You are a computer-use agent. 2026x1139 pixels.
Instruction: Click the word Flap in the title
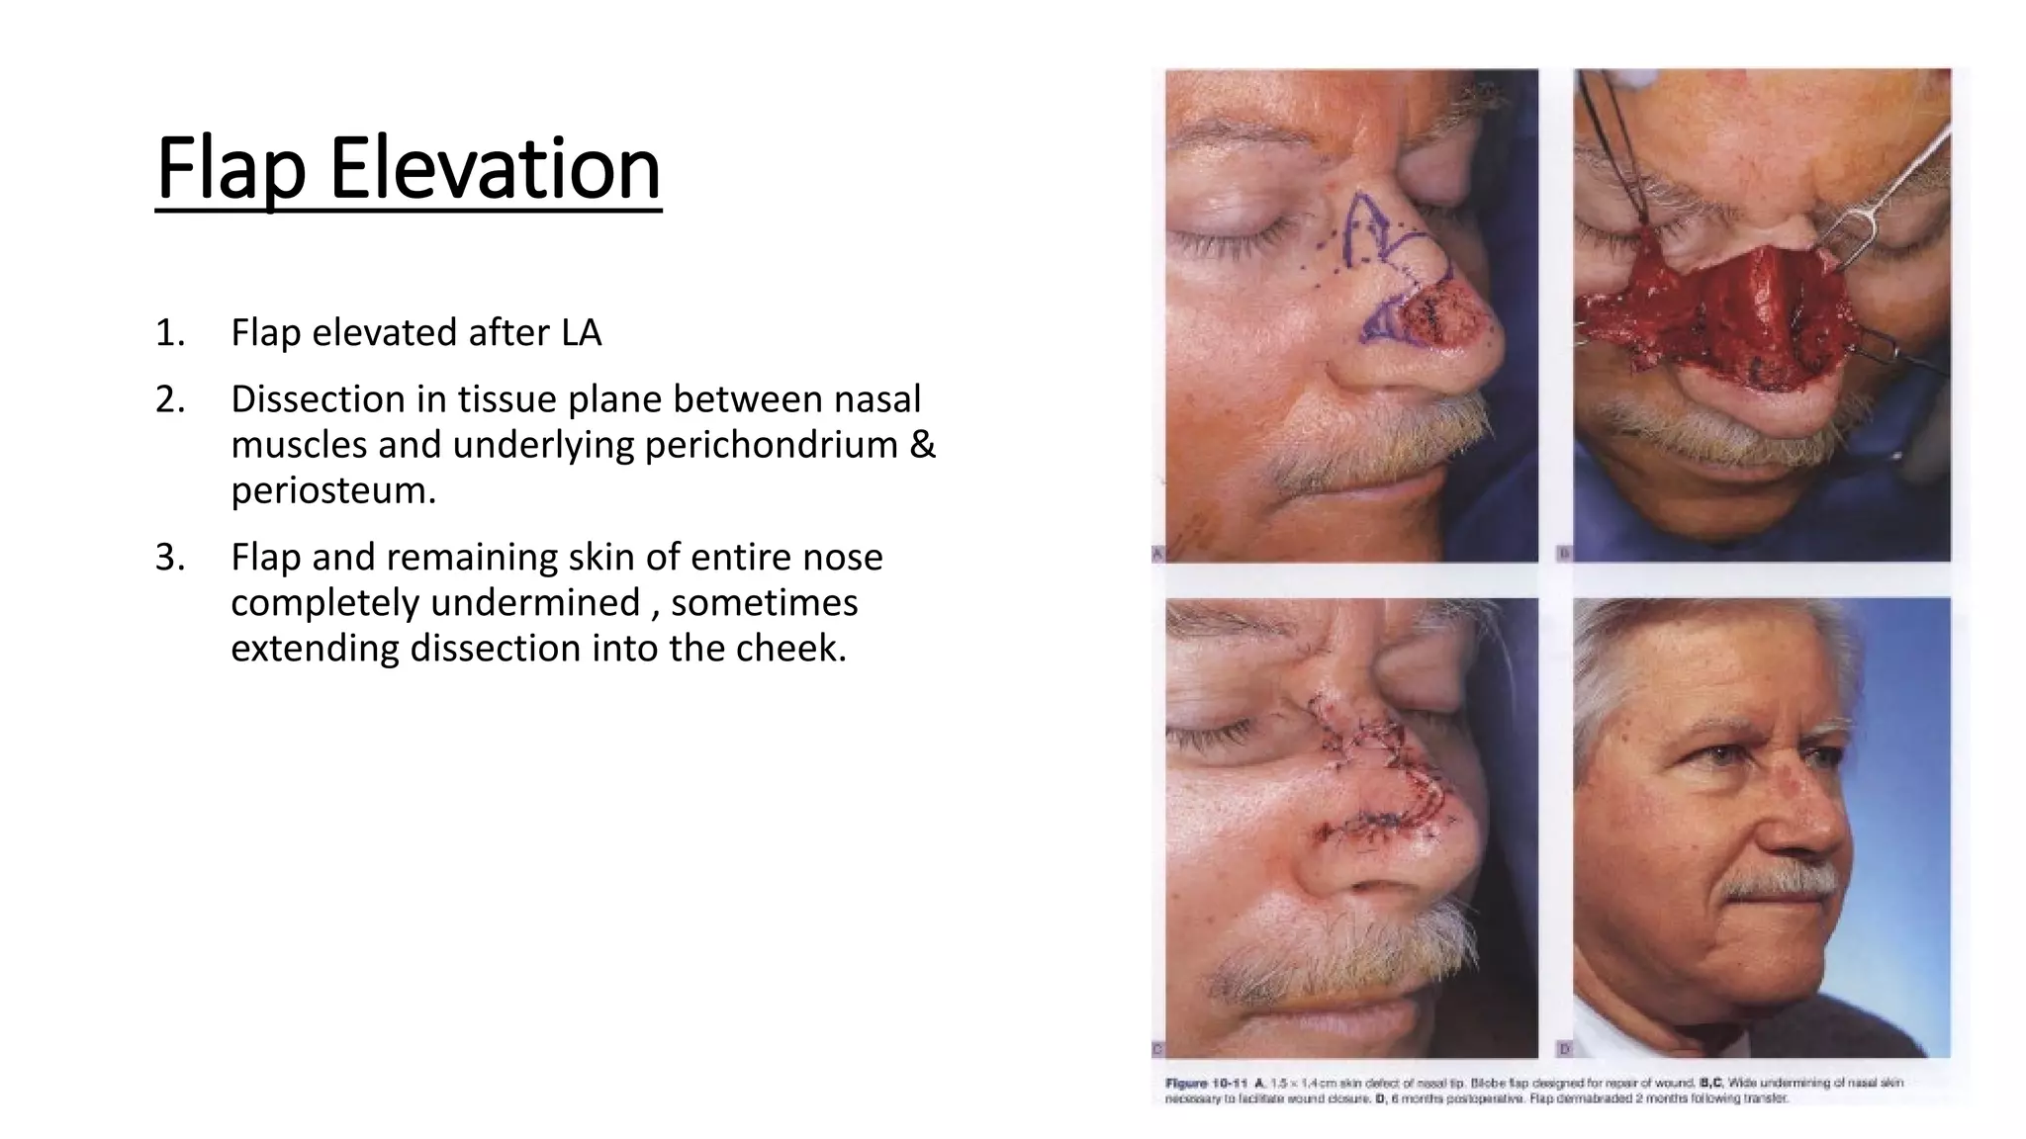(230, 169)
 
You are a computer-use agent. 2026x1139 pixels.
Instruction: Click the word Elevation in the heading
(494, 169)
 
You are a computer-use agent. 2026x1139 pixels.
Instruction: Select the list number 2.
(169, 399)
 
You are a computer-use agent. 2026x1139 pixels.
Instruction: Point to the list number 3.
(169, 558)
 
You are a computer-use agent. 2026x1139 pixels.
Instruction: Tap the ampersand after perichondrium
(921, 445)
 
